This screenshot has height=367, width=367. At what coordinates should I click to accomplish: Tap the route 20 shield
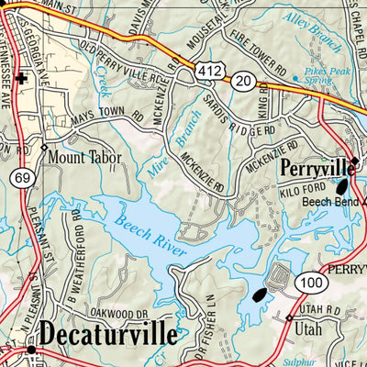tap(243, 81)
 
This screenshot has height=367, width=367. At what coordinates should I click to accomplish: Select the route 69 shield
tap(21, 176)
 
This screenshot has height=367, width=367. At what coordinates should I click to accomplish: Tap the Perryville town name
tap(317, 169)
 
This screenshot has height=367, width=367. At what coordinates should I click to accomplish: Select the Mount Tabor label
tap(84, 156)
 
